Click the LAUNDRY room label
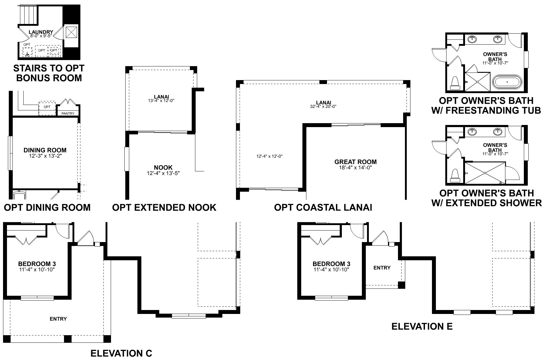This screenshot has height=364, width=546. tap(41, 32)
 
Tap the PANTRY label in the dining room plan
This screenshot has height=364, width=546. tap(68, 113)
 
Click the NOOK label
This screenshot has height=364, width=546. tap(163, 167)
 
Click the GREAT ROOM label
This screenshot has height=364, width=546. tap(356, 162)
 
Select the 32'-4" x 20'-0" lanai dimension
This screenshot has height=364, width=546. tap(323, 106)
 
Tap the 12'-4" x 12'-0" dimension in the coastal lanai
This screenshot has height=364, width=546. tap(269, 156)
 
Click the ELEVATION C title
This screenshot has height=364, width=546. tap(121, 353)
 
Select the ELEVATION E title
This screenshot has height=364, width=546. tap(422, 326)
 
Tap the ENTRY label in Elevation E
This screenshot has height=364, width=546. tap(382, 268)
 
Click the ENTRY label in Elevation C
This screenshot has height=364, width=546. tap(58, 319)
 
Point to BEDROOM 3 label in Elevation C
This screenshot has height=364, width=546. tap(37, 264)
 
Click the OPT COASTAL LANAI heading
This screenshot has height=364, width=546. tap(323, 207)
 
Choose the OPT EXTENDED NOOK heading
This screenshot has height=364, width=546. tap(164, 207)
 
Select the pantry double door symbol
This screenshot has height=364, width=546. tap(68, 102)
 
